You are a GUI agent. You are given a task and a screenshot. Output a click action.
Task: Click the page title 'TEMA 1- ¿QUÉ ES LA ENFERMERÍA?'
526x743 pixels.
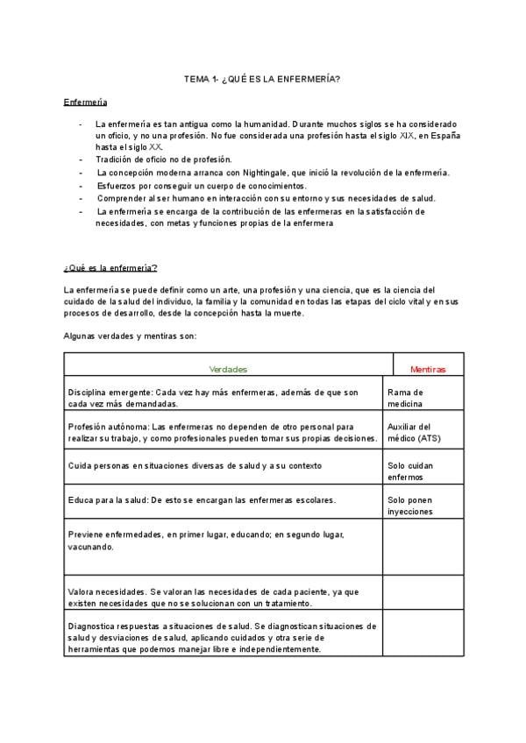click(262, 80)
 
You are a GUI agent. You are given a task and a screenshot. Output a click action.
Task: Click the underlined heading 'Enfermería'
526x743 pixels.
click(85, 103)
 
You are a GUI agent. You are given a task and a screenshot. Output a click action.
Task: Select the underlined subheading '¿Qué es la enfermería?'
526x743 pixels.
click(110, 267)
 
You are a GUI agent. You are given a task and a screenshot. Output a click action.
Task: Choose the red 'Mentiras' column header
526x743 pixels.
click(428, 369)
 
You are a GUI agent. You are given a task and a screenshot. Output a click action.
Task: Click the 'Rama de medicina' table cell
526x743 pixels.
click(406, 398)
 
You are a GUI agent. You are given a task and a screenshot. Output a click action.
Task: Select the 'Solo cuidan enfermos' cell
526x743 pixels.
click(410, 471)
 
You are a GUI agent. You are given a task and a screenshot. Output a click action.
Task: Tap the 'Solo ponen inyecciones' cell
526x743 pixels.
click(410, 506)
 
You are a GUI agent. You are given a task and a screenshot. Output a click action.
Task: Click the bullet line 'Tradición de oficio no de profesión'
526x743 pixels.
click(164, 159)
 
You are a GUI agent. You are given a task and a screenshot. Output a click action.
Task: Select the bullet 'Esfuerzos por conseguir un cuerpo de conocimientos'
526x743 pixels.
click(203, 186)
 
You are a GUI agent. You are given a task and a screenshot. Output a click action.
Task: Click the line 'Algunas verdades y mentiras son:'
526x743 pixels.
click(131, 336)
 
